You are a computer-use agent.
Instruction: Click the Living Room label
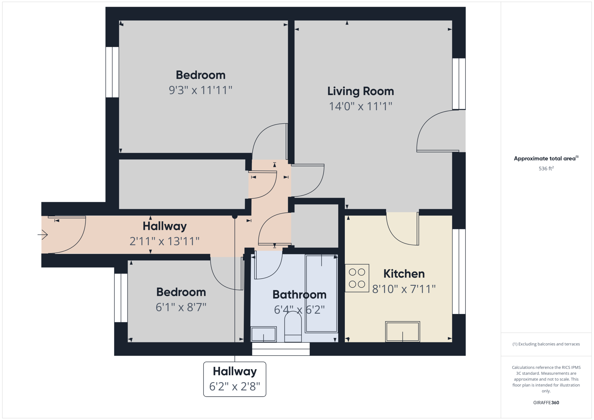click(361, 91)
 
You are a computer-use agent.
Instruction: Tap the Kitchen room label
click(404, 274)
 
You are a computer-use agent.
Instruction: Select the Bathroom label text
click(299, 295)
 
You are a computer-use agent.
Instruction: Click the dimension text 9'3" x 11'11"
click(200, 90)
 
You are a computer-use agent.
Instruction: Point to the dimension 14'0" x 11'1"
click(361, 106)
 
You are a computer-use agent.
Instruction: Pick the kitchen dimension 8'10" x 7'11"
click(404, 289)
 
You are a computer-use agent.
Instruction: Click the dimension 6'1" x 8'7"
click(181, 307)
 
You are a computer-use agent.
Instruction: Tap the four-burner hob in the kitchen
click(357, 278)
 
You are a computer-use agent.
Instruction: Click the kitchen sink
click(402, 331)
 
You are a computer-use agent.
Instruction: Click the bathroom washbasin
click(263, 334)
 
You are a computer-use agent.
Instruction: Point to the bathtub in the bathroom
click(321, 293)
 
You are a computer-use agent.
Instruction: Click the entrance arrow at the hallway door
click(43, 235)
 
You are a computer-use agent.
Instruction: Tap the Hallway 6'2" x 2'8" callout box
click(235, 379)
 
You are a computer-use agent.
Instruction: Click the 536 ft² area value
click(546, 168)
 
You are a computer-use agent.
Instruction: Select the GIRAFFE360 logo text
click(546, 403)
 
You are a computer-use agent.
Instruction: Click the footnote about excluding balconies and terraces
click(546, 344)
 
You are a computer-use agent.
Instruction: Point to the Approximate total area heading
click(546, 158)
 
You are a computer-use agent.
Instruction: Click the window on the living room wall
click(459, 84)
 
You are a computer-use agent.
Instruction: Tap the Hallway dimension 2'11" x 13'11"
click(165, 241)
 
